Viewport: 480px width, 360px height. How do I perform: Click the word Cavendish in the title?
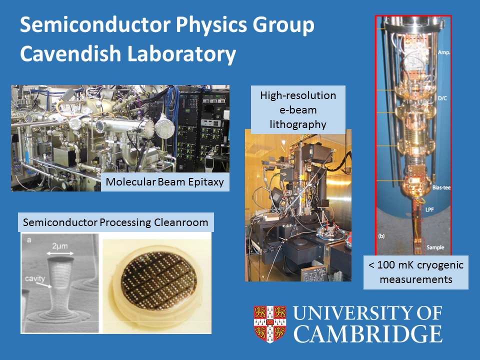tap(70, 54)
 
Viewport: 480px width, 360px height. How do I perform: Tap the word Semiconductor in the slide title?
tap(95, 25)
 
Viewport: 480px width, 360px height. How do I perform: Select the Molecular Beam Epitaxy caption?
tap(164, 182)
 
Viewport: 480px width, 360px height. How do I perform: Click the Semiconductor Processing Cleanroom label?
tap(115, 222)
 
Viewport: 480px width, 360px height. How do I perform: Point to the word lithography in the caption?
tap(298, 124)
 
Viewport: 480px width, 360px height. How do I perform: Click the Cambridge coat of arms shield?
tap(270, 324)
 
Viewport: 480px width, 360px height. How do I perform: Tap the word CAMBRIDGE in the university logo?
tap(368, 333)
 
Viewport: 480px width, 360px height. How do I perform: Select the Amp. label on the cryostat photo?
tap(443, 52)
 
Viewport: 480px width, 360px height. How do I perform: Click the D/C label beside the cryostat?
tap(442, 98)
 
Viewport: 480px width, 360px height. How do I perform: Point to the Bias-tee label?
tap(441, 187)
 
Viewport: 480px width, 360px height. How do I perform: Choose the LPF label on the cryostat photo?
tap(429, 209)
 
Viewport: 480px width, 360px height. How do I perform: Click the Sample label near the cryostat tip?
tap(435, 247)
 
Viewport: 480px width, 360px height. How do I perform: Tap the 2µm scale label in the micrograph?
tap(59, 246)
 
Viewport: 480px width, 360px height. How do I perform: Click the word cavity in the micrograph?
tap(35, 278)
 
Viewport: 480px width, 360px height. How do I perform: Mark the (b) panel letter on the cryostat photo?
tap(381, 236)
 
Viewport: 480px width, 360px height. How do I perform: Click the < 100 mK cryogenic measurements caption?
tap(415, 272)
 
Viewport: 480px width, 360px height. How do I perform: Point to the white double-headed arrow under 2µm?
tap(60, 253)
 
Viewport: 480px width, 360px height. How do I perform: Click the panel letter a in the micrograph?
tap(29, 240)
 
